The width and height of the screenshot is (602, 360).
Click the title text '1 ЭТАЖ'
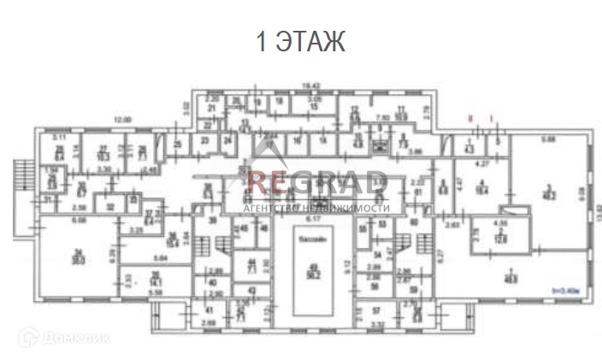[301, 42]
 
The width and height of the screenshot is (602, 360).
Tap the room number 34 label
[78, 251]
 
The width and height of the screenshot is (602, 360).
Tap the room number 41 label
[210, 309]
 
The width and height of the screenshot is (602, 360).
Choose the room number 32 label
[109, 205]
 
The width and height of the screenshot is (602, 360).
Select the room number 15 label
[314, 105]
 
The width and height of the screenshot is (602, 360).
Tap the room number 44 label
[251, 262]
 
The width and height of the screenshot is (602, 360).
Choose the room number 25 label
[177, 145]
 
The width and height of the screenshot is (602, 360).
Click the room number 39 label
[212, 221]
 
